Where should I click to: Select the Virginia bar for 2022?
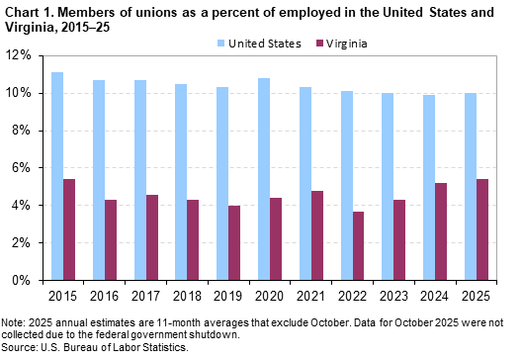click(x=370, y=245)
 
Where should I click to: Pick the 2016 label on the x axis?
click(x=105, y=297)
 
